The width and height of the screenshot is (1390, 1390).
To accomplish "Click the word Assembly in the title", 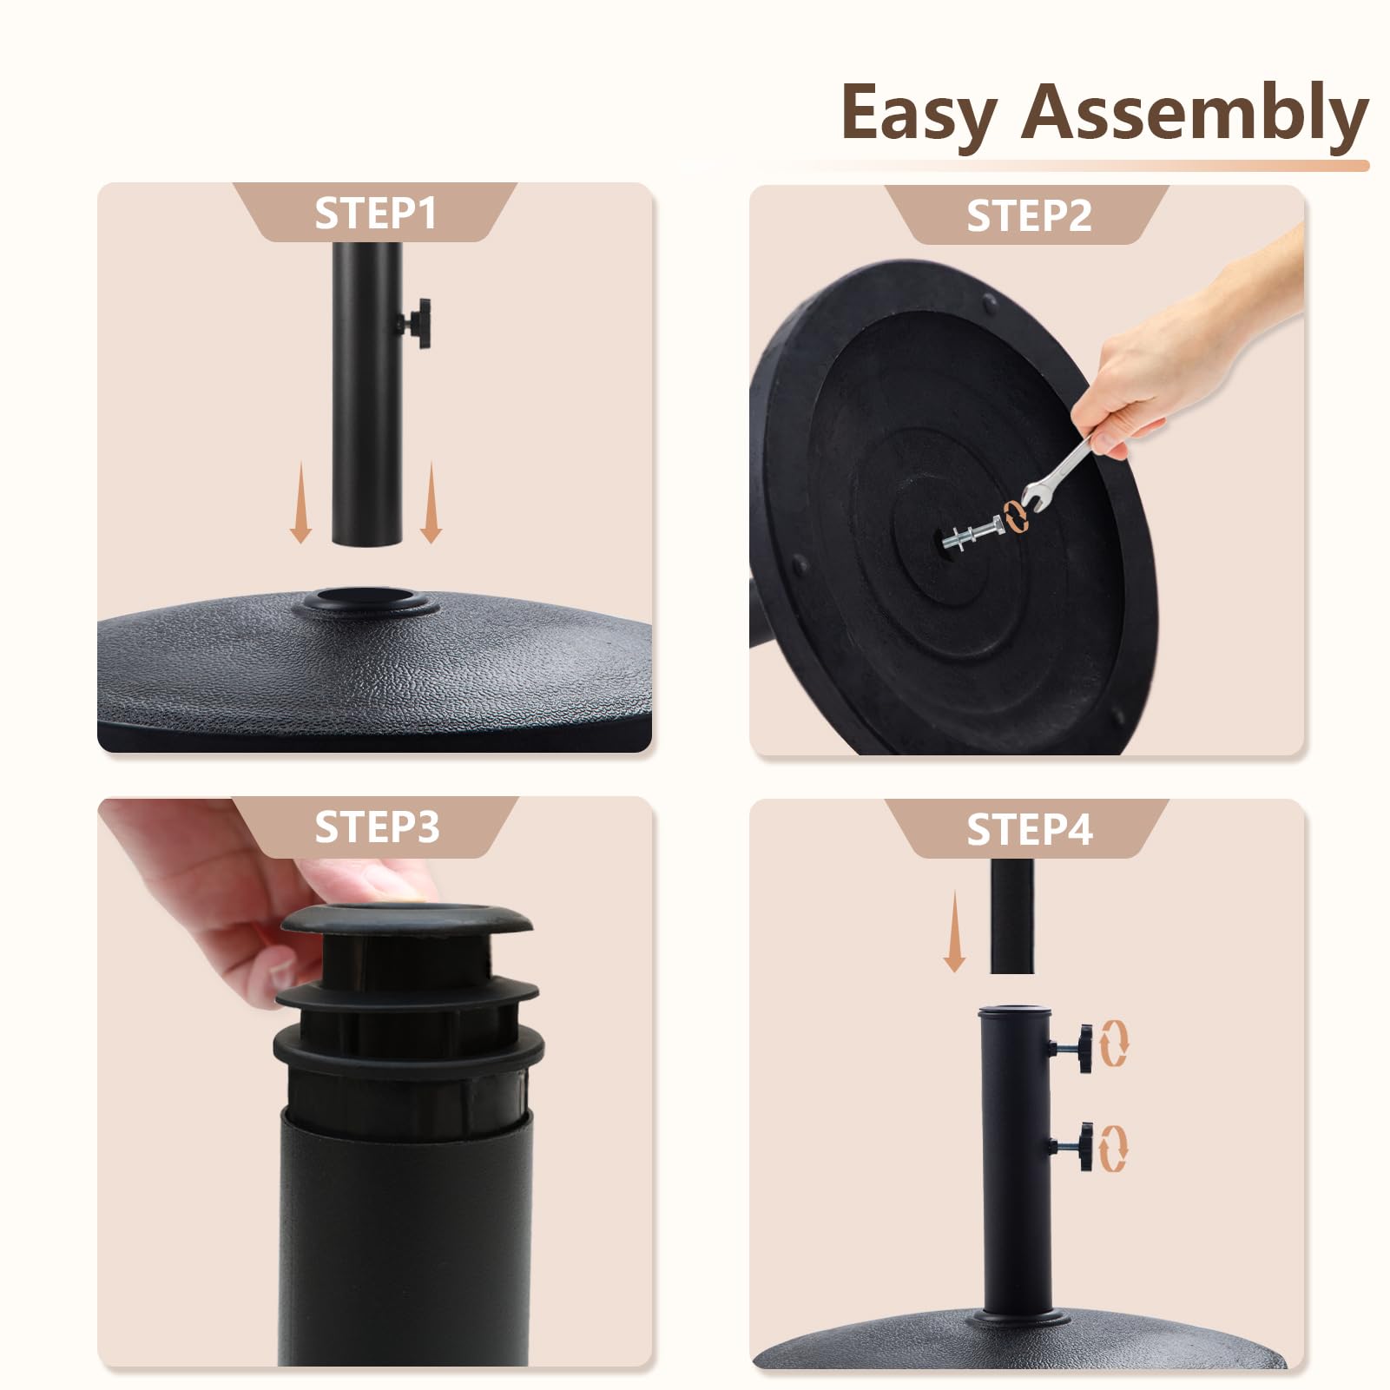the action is click(x=1195, y=113).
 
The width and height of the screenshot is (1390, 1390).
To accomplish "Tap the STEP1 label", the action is click(x=375, y=214).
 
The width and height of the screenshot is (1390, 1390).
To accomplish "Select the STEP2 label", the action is click(x=1029, y=216).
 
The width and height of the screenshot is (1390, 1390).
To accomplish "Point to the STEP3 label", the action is click(x=377, y=827).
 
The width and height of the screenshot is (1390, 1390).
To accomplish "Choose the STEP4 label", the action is click(x=1029, y=830).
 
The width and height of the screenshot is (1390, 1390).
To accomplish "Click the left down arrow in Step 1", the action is click(x=300, y=503).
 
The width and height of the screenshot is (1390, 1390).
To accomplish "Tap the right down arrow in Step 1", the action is click(x=431, y=503).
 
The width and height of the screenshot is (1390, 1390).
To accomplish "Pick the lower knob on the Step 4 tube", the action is click(x=1073, y=1146).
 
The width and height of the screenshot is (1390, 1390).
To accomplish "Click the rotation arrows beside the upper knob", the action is click(x=1115, y=1044).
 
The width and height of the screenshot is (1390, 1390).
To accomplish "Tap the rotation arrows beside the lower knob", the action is click(x=1115, y=1148).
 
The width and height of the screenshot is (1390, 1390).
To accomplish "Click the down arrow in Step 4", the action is click(x=954, y=931).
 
